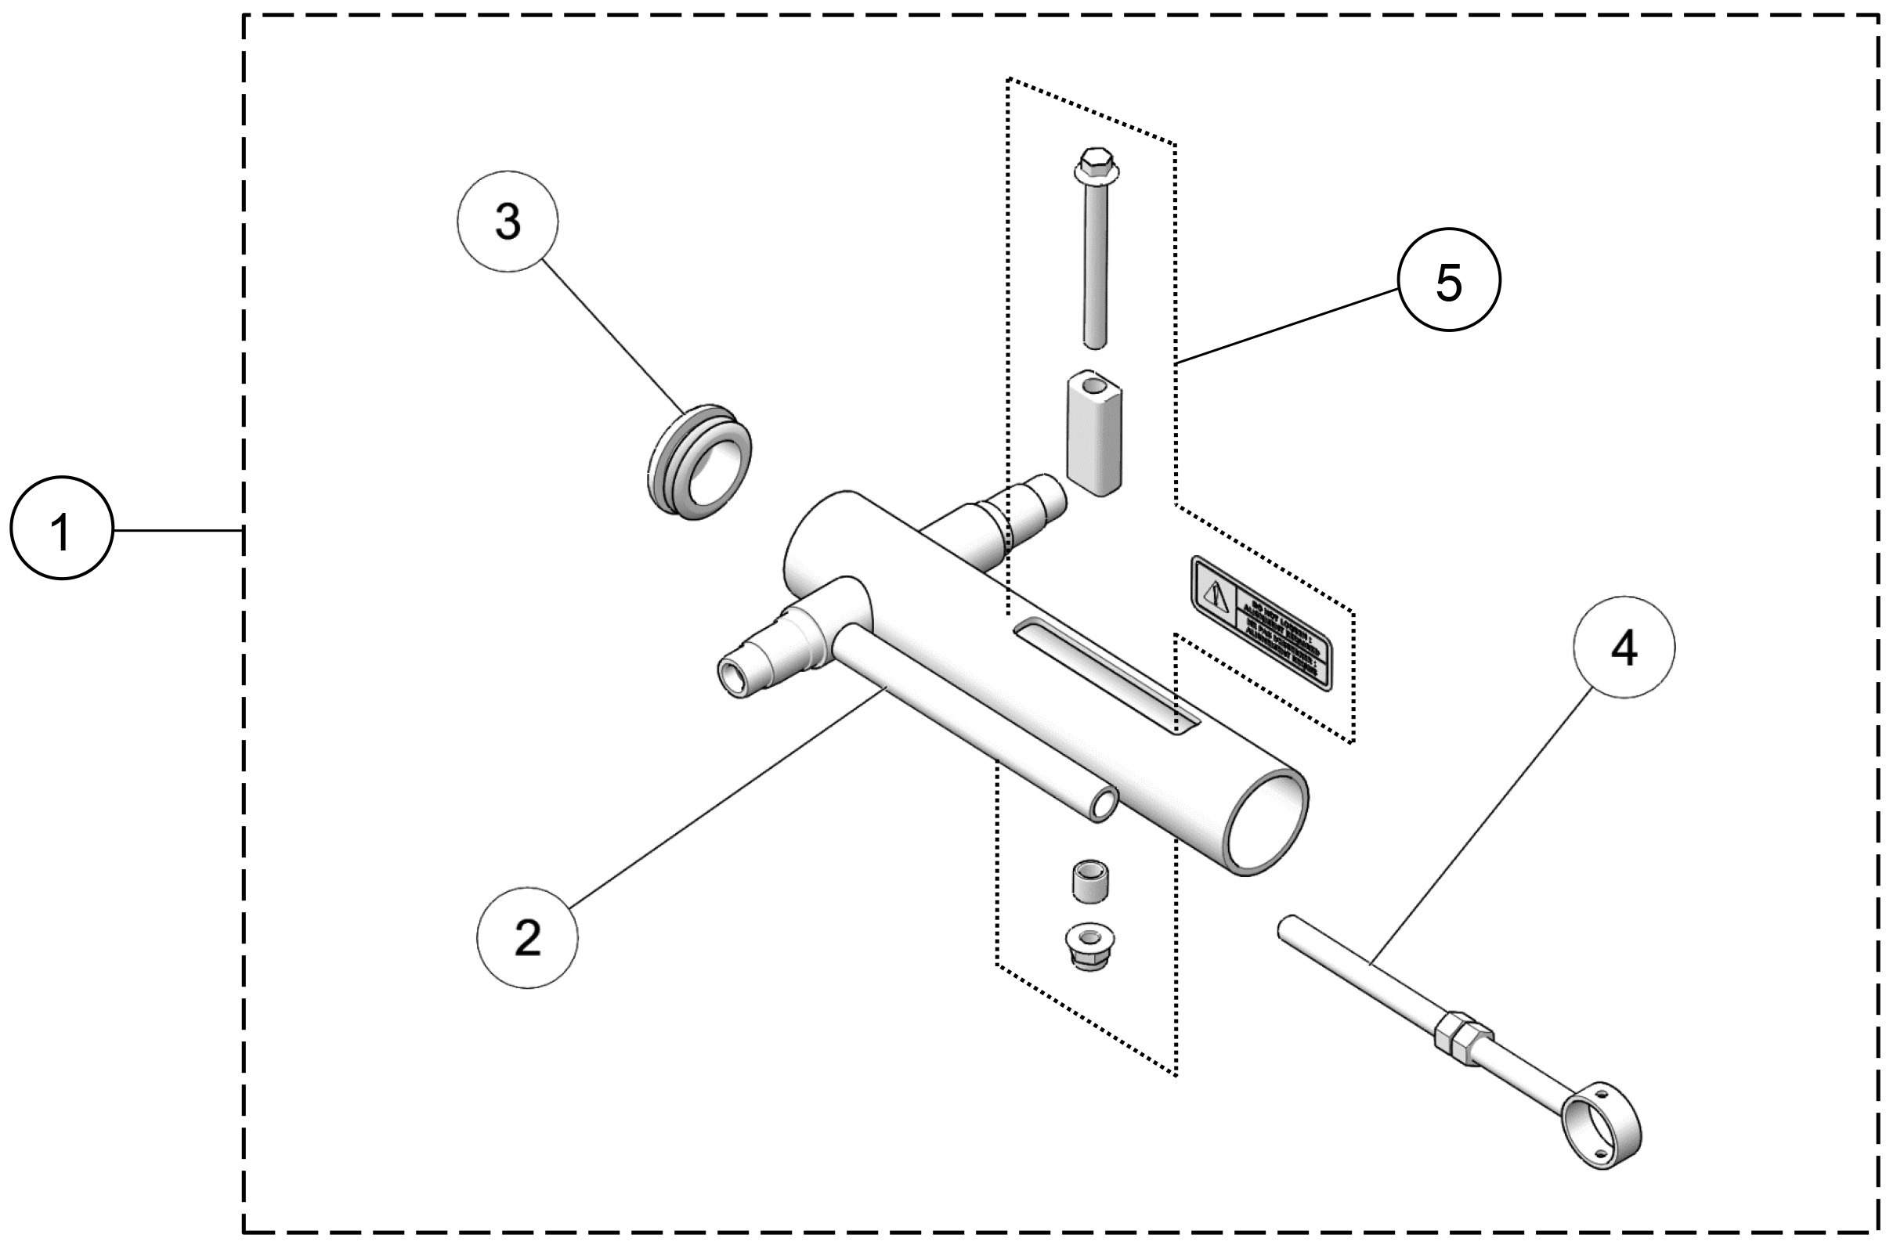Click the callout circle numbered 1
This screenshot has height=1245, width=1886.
61,528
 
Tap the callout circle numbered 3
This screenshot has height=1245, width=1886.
508,222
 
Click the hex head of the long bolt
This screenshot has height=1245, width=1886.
1096,162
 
